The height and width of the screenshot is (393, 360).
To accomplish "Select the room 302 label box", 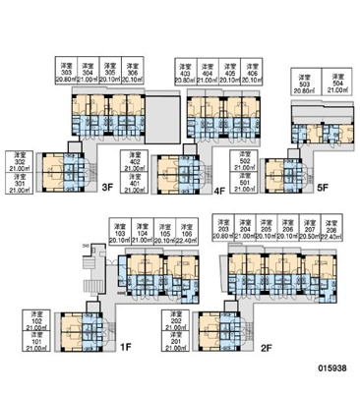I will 20,161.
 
